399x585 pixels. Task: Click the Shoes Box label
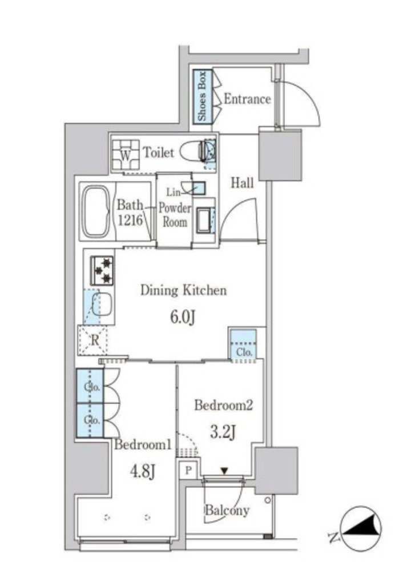click(x=201, y=96)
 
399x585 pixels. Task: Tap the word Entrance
click(x=247, y=99)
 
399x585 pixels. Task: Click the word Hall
click(x=243, y=183)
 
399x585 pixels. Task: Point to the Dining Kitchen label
click(x=183, y=290)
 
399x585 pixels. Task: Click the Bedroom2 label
click(x=224, y=405)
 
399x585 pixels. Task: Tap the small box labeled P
click(x=189, y=471)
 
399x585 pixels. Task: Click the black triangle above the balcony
click(x=224, y=471)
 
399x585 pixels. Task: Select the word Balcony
click(x=227, y=510)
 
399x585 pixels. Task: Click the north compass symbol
click(x=360, y=528)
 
